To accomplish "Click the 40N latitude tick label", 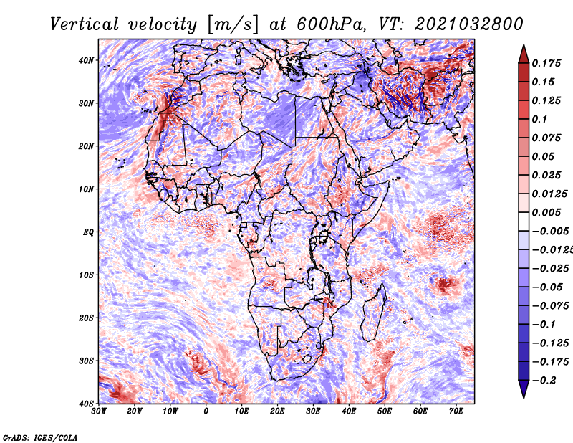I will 86,60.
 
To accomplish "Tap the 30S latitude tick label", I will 86,361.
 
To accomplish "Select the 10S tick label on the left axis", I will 86,275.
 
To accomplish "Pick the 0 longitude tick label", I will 206,411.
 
